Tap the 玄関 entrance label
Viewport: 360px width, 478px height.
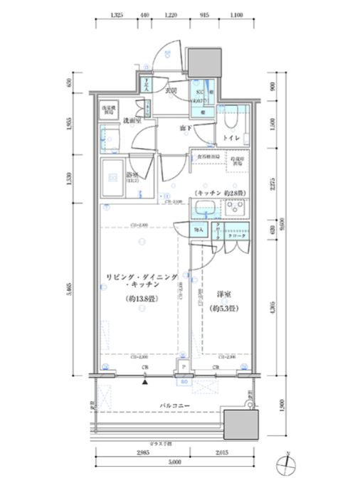click(171, 91)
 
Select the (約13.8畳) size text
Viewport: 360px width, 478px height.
click(142, 299)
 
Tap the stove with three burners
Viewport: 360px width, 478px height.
click(235, 209)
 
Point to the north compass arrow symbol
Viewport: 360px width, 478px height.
click(285, 464)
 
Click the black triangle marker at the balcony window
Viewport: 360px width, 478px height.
click(145, 382)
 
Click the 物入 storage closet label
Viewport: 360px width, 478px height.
click(199, 229)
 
